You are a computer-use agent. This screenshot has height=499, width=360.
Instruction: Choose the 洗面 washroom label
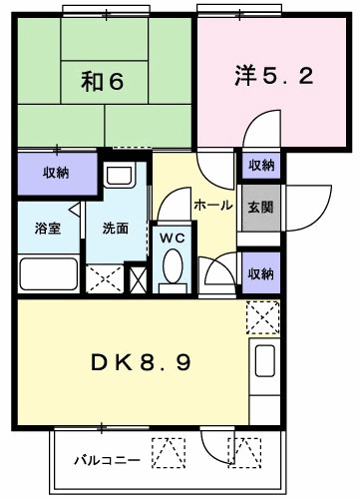115,228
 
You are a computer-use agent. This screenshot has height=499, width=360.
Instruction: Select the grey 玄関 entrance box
261,208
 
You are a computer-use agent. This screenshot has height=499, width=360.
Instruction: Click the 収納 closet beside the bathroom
56,173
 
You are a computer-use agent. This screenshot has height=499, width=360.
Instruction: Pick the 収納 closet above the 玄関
261,165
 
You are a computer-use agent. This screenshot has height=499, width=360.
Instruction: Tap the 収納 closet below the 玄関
261,272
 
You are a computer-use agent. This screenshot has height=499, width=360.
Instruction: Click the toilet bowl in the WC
172,269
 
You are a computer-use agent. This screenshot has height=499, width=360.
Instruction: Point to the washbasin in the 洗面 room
119,180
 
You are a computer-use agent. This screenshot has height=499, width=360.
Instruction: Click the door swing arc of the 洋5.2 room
257,133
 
